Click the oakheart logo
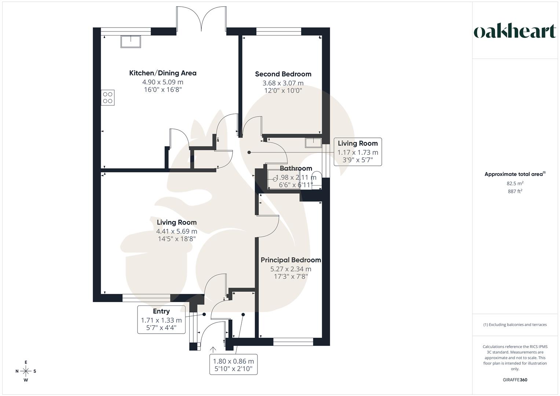pos(515,32)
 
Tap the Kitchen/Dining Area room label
pos(163,73)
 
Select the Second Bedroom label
pos(283,74)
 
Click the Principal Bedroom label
pos(291,260)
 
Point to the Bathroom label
pos(296,168)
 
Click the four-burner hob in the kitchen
pos(108,98)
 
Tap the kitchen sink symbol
pos(130,41)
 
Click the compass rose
pos(26,371)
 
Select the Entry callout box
pos(161,319)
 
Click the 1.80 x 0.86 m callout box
pos(233,364)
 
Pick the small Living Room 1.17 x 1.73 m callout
pos(358,152)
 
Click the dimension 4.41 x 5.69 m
pos(177,231)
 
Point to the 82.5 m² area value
pos(515,184)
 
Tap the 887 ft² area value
pos(515,191)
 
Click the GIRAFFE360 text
pos(515,380)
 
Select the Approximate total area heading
pos(515,174)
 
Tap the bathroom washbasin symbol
pos(313,142)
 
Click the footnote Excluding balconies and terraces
pos(515,324)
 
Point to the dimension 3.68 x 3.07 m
pos(283,83)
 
